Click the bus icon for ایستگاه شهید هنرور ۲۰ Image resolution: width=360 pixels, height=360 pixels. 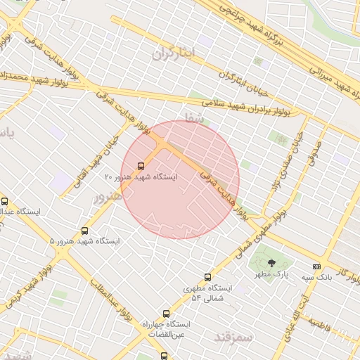141,167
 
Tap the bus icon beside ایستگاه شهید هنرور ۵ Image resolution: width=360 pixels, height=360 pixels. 85,231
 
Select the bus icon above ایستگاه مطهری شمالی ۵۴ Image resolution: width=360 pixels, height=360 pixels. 207,277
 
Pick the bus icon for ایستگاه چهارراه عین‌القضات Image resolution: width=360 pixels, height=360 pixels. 166,314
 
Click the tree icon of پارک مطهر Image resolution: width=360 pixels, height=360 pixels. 271,263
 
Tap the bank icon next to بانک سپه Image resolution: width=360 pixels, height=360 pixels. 316,266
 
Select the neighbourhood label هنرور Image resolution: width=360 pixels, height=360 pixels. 108,198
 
